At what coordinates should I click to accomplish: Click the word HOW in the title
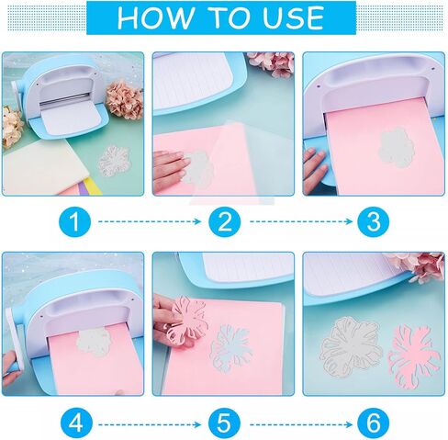[151, 17]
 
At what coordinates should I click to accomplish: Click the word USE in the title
[292, 17]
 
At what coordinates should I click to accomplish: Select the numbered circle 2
[224, 221]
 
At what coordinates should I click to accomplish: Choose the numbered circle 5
[224, 422]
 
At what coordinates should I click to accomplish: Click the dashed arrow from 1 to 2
[149, 221]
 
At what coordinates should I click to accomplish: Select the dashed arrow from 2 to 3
[298, 221]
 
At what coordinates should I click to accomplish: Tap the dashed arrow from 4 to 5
[149, 422]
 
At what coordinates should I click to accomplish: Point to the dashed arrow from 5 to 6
[298, 422]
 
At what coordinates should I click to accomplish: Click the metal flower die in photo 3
[395, 146]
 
